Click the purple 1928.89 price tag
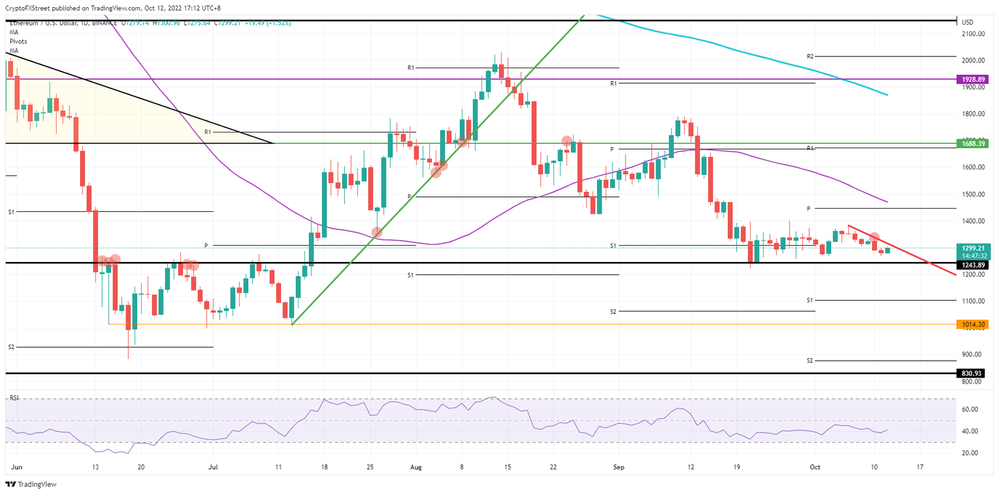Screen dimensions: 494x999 pos(972,79)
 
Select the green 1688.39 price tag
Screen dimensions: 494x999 pos(972,143)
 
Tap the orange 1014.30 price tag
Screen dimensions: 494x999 pos(972,324)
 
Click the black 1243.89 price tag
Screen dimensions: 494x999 pos(972,265)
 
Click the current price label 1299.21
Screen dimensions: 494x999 pos(972,248)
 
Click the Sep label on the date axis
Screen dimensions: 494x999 pos(619,467)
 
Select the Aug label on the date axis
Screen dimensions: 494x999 pos(416,467)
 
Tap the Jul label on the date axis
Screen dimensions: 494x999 pos(213,467)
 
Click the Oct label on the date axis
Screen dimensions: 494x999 pos(815,467)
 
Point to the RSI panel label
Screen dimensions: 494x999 pos(14,398)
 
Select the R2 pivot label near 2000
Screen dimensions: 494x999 pos(810,57)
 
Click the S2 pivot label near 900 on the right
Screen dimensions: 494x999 pos(810,360)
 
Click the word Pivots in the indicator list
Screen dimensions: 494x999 pos(19,41)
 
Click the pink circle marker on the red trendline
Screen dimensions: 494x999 pos(875,238)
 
